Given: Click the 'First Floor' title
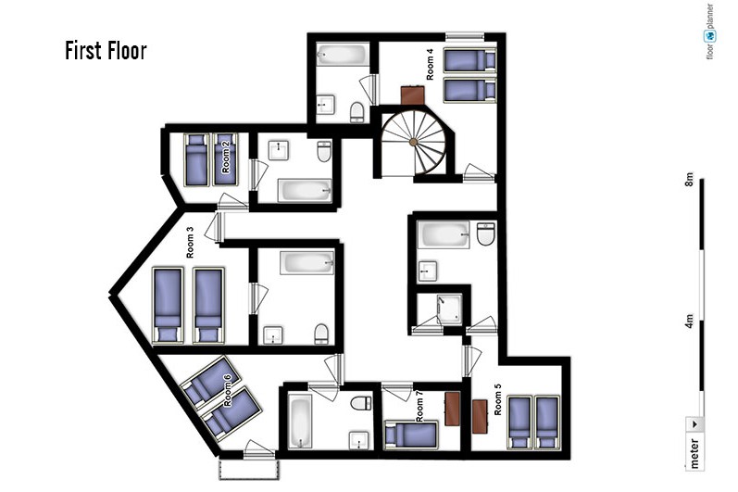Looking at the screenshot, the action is coord(106,51).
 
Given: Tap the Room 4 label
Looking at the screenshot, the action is coord(431,65).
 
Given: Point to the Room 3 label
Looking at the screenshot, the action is coord(190,243).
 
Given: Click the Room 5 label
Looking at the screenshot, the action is coord(497,399).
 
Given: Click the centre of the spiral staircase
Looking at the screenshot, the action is coord(413,142).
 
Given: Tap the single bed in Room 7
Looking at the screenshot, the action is coord(411,435).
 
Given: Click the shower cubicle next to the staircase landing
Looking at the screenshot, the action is coord(449,309).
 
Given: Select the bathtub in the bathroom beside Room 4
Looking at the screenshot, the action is coord(343,54).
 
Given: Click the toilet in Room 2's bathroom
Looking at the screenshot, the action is coord(324,151).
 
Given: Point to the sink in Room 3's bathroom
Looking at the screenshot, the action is coord(273,335).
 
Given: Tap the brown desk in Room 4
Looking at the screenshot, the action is coord(413,95).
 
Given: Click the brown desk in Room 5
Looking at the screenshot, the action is coord(480,416).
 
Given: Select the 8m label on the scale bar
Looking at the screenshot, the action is coord(689,180).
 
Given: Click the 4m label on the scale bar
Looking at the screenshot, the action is coord(689,322).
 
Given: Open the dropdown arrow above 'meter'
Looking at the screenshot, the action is coord(694,423).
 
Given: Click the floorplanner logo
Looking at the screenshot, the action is coord(710,32).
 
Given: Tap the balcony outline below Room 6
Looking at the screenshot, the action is coord(249,470).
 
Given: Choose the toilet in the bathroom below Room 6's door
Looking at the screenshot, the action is coord(361,403).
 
